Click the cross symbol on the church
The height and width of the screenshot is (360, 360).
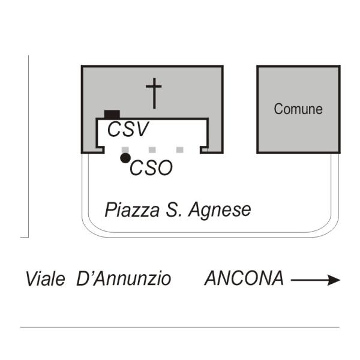click(154, 93)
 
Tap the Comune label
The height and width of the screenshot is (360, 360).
click(298, 109)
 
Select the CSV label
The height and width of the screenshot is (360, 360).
click(128, 129)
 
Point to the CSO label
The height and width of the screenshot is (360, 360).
click(151, 168)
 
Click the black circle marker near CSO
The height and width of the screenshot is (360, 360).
click(125, 158)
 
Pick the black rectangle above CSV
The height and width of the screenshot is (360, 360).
click(112, 114)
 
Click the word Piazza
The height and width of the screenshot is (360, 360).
click(132, 209)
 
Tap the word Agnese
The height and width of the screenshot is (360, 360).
click(220, 211)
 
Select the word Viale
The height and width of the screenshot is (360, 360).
click(45, 279)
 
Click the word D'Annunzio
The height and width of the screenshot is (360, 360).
click(124, 279)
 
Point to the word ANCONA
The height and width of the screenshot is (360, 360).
click(244, 278)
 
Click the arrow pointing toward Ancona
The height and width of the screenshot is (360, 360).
click(316, 280)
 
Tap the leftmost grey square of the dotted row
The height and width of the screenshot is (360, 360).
click(125, 150)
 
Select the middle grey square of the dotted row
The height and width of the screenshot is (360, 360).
click(152, 150)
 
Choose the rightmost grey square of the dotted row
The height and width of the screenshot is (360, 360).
click(180, 150)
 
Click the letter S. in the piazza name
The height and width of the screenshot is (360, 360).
click(174, 209)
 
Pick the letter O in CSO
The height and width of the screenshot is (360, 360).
click(164, 168)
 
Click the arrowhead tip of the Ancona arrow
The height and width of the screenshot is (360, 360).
click(340, 280)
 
